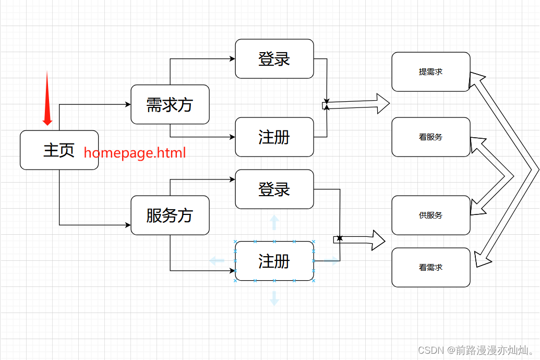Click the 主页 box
pos(59,150)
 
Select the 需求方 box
pos(170,104)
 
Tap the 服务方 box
pos(170,215)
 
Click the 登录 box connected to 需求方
pos(274,58)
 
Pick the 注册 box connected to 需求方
pos(274,137)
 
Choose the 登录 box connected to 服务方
pos(274,189)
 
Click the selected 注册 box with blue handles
pos(274,261)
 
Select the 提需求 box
pos(430,71)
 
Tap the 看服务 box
pos(430,137)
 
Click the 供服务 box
pos(430,215)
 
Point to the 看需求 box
pos(430,267)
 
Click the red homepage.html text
pos(135,153)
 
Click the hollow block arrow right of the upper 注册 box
pos(360,104)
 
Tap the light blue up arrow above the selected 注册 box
pos(274,223)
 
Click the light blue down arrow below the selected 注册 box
pos(274,298)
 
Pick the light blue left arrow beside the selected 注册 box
pos(217,260)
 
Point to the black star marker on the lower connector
pos(340,238)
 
